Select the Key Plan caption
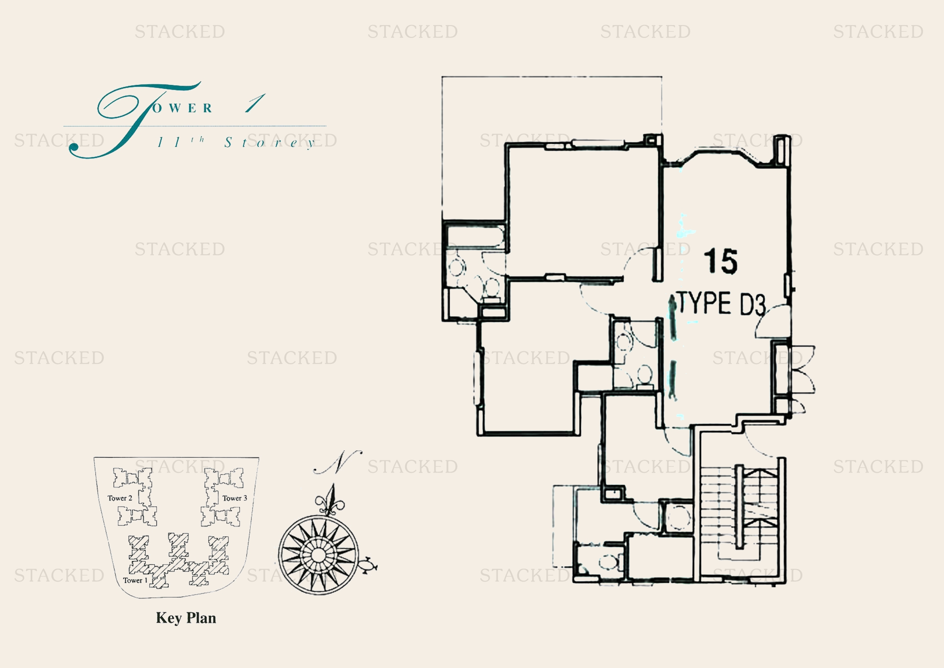pos(186,618)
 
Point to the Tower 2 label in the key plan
pos(119,498)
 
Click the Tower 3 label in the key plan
pos(235,498)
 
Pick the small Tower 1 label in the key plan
pos(135,580)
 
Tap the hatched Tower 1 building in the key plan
pos(179,560)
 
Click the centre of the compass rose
pos(318,555)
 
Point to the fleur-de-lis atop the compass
pos(330,500)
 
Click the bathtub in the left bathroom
pos(475,238)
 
